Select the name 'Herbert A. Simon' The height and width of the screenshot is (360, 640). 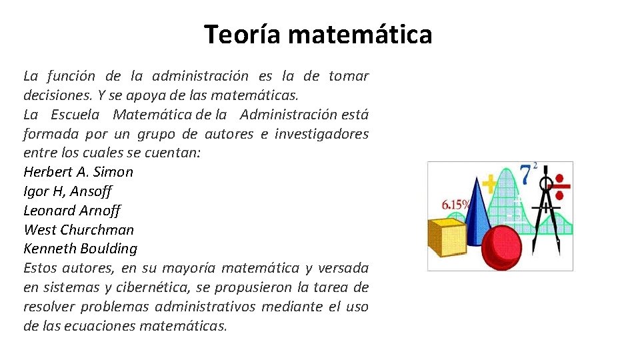click(x=78, y=172)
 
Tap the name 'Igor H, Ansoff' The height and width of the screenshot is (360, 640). click(x=67, y=191)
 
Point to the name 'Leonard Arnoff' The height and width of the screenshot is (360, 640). click(x=71, y=211)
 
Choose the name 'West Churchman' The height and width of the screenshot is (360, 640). click(x=79, y=230)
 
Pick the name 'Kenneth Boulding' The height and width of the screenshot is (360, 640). click(x=80, y=249)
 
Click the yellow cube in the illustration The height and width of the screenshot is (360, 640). click(x=446, y=237)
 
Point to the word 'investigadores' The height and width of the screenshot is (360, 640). click(x=321, y=134)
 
